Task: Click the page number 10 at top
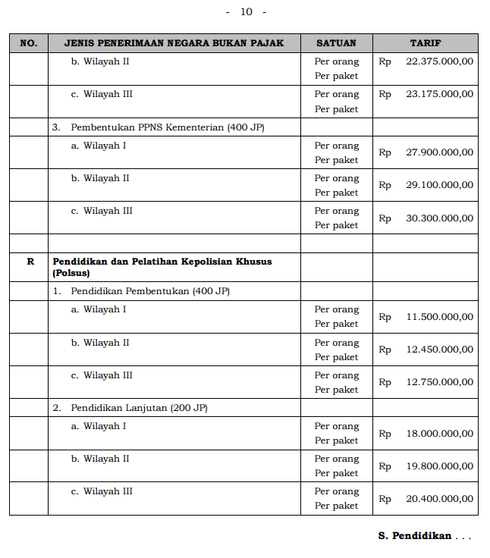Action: pos(246,11)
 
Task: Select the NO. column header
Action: pos(29,43)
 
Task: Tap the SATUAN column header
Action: pos(336,43)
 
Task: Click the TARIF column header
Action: pos(425,43)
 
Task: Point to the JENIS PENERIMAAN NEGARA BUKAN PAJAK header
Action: pos(174,43)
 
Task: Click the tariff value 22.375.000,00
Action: pos(439,61)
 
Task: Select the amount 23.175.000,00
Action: pos(439,95)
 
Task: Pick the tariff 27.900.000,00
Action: pos(439,152)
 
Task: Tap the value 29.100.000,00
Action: pos(439,185)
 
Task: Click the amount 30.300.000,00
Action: pos(439,218)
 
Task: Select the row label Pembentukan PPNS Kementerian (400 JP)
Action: pos(168,127)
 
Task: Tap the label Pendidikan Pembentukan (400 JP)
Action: pos(150,291)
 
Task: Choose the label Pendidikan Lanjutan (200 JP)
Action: pos(140,408)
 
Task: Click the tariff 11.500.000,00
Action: pos(439,317)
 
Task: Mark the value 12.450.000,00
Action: pos(439,350)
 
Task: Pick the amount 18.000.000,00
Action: pos(439,434)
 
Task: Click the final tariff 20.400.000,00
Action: pos(439,499)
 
